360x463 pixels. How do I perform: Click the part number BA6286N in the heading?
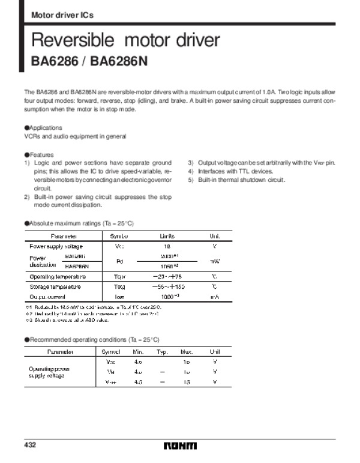tap(124, 62)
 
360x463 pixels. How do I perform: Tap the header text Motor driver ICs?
tap(62, 14)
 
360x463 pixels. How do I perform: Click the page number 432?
tap(31, 445)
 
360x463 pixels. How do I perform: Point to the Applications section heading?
tap(43, 128)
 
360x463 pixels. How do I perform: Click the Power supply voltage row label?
tap(56, 246)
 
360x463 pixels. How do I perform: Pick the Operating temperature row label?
tap(58, 277)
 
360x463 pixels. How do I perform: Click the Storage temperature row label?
tap(55, 287)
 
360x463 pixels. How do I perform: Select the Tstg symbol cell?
tap(119, 287)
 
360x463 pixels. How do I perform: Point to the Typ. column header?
tap(162, 351)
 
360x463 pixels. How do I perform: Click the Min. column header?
tap(138, 351)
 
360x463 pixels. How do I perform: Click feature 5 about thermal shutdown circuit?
tap(237, 180)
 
